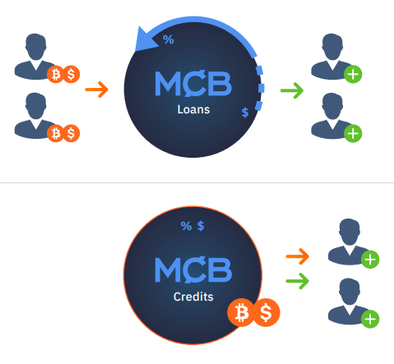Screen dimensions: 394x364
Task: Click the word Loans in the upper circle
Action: (x=193, y=109)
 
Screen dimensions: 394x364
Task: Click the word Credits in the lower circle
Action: (x=193, y=297)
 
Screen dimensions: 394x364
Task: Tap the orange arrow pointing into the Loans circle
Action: (x=96, y=90)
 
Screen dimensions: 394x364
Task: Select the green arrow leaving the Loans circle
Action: (x=292, y=90)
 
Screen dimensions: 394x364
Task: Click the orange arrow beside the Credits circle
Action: (x=298, y=256)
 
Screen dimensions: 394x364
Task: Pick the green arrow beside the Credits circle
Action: (x=298, y=281)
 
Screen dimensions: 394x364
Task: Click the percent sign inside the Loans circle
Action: (x=169, y=39)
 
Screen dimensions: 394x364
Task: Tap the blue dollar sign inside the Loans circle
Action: (x=245, y=113)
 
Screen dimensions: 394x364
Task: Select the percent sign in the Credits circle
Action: (x=186, y=226)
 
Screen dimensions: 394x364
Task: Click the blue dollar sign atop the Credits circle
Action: (x=201, y=226)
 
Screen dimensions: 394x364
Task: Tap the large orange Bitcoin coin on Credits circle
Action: (x=242, y=312)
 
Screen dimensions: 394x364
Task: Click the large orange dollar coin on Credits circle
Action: (x=266, y=312)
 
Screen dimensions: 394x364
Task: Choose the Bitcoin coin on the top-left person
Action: (x=56, y=74)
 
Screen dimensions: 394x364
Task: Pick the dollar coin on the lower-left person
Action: (x=71, y=133)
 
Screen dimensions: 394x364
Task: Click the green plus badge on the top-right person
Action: (x=353, y=74)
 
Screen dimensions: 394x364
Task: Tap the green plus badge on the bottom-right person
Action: (x=370, y=319)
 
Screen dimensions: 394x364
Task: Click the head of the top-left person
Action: (x=35, y=46)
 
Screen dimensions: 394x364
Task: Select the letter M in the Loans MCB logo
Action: (x=168, y=84)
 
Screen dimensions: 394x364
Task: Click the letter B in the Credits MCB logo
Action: (x=221, y=270)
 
